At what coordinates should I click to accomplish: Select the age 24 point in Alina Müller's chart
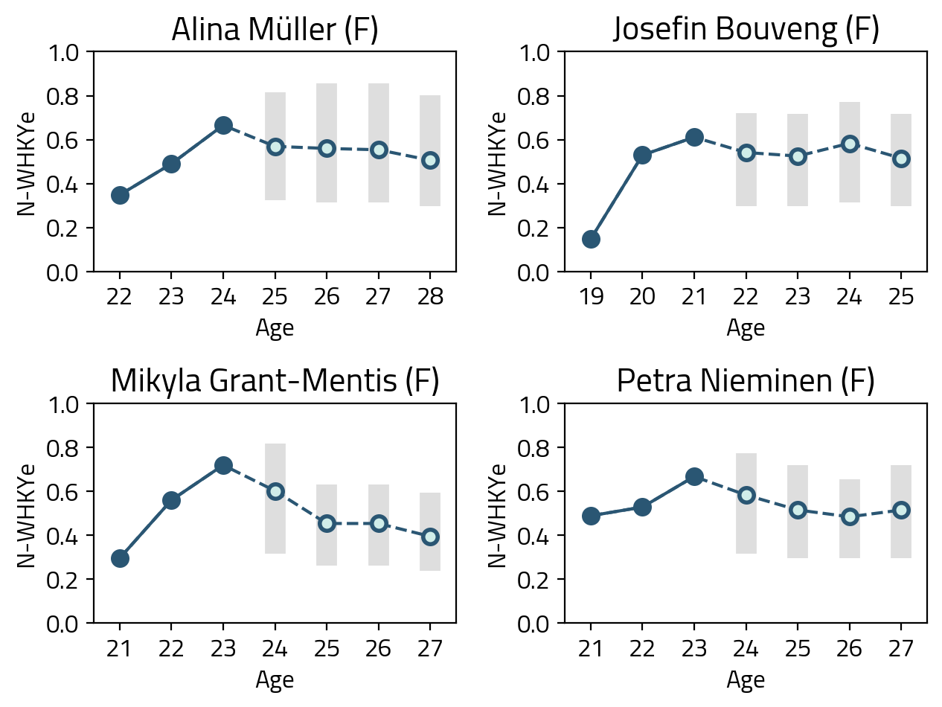point(223,125)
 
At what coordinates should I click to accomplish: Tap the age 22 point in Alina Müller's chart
point(120,195)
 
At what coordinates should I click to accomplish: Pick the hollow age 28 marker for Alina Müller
point(430,160)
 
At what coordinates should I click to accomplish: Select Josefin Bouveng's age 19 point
point(591,239)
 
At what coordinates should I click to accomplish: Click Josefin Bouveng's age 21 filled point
point(694,137)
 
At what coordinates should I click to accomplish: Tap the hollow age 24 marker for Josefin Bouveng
point(850,144)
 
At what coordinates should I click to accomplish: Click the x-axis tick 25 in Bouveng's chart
point(901,296)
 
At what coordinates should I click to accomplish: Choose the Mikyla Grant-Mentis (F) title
point(275,381)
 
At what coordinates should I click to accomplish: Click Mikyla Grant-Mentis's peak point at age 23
point(223,465)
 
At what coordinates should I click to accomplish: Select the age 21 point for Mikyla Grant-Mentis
point(120,558)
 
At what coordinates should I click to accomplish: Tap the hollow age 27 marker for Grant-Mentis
point(430,537)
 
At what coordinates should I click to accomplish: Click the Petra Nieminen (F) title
point(746,381)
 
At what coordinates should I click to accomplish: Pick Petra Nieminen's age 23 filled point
point(694,477)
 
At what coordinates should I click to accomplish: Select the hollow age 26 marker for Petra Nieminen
point(850,516)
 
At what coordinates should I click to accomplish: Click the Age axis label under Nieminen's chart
point(746,679)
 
